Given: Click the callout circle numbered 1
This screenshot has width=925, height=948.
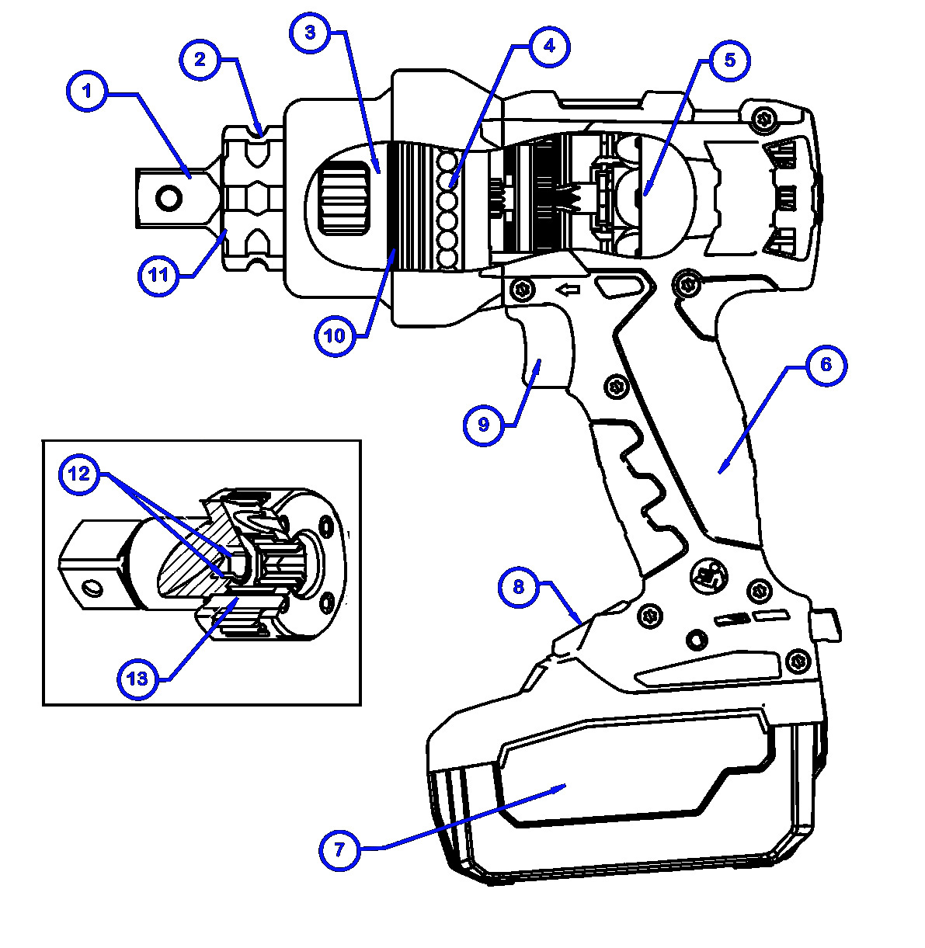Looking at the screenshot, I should pyautogui.click(x=87, y=92).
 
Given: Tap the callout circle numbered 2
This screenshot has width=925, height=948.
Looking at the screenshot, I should pyautogui.click(x=200, y=59).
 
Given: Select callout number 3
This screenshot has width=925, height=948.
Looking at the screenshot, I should pyautogui.click(x=310, y=34).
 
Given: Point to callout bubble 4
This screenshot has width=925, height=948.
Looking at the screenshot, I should pyautogui.click(x=549, y=46).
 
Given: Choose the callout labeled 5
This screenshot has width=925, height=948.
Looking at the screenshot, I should pyautogui.click(x=729, y=61).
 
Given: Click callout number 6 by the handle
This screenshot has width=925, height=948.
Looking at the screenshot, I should pyautogui.click(x=826, y=365).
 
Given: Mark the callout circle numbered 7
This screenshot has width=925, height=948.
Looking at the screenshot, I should pyautogui.click(x=339, y=849).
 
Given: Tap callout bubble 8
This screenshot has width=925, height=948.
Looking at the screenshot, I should pyautogui.click(x=519, y=587).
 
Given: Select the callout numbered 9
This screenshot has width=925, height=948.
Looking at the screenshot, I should pyautogui.click(x=483, y=425).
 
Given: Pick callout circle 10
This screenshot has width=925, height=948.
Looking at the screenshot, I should pyautogui.click(x=334, y=336).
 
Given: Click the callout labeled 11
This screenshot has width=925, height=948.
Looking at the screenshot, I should pyautogui.click(x=158, y=275).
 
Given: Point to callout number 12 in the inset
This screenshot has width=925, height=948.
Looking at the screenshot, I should pyautogui.click(x=80, y=474).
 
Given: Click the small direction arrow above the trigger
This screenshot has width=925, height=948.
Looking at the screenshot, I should pyautogui.click(x=569, y=290).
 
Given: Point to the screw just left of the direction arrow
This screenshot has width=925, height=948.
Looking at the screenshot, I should pyautogui.click(x=523, y=290).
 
